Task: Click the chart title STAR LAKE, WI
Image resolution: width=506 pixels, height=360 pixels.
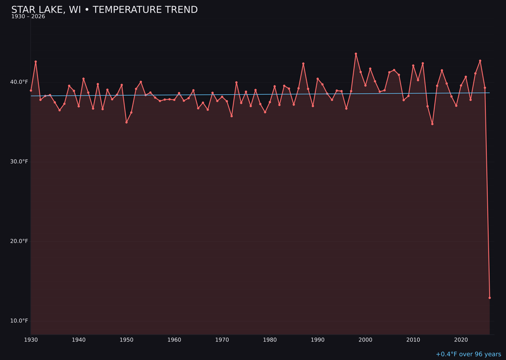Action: click(x=104, y=10)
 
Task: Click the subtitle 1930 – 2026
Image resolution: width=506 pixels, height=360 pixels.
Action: click(x=28, y=17)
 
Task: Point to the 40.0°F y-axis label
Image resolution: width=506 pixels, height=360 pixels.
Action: click(x=19, y=82)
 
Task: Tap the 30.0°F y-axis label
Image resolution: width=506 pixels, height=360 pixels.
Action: click(x=19, y=162)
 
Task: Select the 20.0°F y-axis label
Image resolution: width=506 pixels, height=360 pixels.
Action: click(x=19, y=241)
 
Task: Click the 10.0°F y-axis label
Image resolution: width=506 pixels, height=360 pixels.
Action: click(x=19, y=321)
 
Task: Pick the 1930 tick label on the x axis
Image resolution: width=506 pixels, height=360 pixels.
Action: click(x=31, y=340)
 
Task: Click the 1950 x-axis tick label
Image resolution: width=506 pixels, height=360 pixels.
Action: click(x=126, y=340)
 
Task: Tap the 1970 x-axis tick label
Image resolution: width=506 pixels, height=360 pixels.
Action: click(x=222, y=340)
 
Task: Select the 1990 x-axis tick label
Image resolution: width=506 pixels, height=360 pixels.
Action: click(x=318, y=340)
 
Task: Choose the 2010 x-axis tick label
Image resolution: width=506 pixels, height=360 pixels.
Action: click(x=413, y=340)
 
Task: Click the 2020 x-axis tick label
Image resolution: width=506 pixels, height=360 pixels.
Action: click(x=461, y=340)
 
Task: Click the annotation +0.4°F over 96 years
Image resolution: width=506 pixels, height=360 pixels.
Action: click(x=468, y=354)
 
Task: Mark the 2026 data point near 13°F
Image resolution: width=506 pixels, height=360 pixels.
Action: click(x=490, y=298)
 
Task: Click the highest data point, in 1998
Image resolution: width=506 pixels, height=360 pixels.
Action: click(x=356, y=54)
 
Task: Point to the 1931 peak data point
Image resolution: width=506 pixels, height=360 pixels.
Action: click(x=36, y=62)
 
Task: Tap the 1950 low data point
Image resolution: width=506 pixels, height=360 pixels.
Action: click(x=126, y=122)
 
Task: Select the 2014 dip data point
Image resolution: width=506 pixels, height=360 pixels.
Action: click(x=432, y=124)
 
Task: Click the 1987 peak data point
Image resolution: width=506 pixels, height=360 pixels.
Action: click(x=303, y=64)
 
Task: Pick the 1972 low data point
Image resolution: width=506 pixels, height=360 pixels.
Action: click(x=231, y=116)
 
